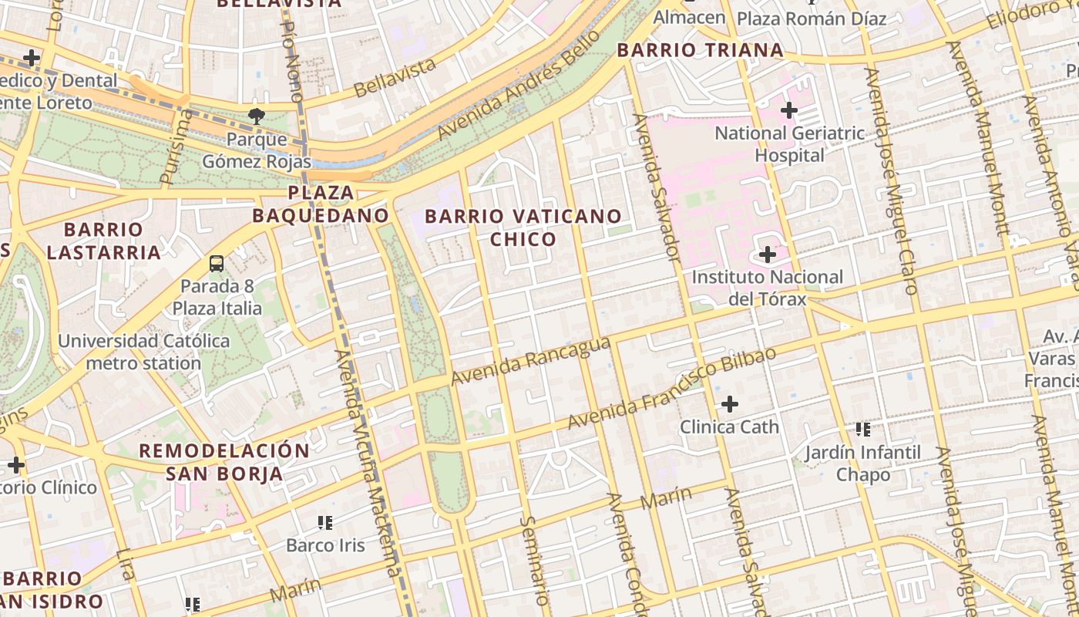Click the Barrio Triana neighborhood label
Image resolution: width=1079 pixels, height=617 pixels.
(700, 51)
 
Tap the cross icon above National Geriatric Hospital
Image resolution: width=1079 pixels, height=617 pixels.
(789, 110)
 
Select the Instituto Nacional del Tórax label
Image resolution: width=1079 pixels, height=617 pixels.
(768, 288)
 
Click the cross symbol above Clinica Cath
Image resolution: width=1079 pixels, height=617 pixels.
(729, 403)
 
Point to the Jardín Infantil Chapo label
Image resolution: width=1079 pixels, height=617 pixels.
(863, 464)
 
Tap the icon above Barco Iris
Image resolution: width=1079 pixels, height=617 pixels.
(325, 523)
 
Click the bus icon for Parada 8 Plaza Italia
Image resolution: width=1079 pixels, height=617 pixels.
(217, 264)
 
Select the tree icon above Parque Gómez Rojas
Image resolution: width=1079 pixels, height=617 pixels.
(257, 117)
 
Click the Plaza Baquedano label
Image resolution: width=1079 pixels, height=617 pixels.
(321, 204)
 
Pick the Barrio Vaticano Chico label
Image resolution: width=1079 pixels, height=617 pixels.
(523, 228)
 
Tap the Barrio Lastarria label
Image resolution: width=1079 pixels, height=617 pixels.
(103, 241)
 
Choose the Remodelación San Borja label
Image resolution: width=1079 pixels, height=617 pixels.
(224, 461)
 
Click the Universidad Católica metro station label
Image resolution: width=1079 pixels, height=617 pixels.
(143, 352)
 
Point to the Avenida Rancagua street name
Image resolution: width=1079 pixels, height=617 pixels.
(531, 361)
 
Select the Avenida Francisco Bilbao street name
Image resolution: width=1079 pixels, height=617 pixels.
(671, 389)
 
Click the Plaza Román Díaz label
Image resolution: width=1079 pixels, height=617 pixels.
(812, 19)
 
